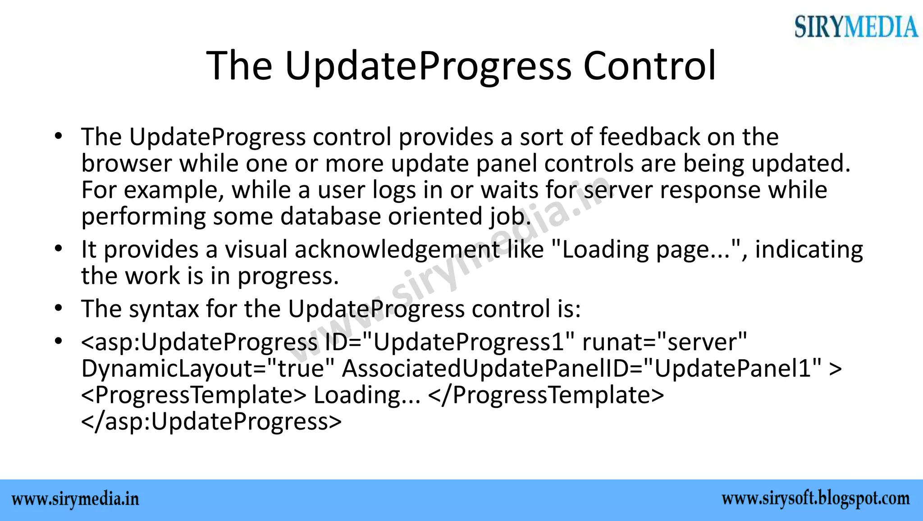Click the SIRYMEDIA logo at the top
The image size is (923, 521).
pos(855,27)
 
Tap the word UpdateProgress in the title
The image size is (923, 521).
pos(428,66)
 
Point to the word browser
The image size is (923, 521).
pos(127,163)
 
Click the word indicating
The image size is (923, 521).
pos(809,249)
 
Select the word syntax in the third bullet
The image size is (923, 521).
pos(164,309)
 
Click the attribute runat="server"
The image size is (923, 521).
pos(664,342)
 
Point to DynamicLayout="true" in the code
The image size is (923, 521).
pos(208,368)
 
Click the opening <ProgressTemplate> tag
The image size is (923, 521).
pos(194,395)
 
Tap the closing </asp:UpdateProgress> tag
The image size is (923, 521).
pos(211,421)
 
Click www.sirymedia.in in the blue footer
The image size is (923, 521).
pos(75,500)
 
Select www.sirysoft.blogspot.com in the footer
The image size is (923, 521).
pos(815,499)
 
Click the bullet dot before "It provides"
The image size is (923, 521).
pos(58,249)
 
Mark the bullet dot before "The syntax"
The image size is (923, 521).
pos(58,309)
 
